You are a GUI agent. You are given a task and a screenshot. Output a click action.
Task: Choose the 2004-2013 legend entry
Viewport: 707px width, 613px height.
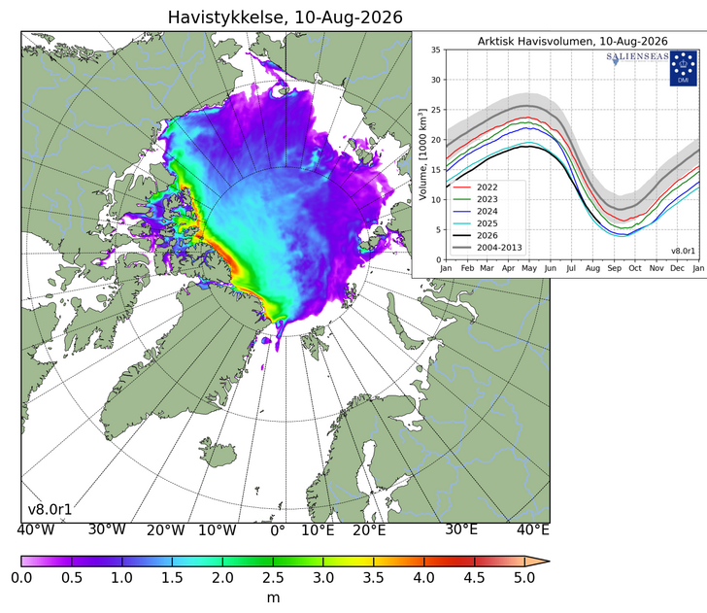click(487, 248)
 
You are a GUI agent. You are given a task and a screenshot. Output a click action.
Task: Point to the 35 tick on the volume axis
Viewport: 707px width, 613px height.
click(435, 50)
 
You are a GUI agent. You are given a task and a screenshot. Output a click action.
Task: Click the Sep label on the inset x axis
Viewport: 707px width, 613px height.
click(614, 268)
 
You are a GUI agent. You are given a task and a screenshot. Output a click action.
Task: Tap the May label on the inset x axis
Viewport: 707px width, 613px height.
click(529, 268)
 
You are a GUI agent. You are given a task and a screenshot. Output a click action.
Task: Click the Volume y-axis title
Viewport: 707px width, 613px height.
click(422, 154)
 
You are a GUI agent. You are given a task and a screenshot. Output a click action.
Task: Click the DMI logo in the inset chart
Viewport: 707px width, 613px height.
click(683, 68)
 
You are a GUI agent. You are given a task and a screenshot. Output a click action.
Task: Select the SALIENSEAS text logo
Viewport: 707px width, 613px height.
click(637, 57)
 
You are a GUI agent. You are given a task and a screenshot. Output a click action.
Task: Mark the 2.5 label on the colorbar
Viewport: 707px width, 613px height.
click(273, 578)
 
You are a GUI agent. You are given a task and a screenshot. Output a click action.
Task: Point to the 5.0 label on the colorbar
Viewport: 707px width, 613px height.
click(524, 578)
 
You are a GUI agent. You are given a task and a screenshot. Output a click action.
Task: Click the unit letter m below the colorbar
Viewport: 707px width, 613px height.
click(273, 597)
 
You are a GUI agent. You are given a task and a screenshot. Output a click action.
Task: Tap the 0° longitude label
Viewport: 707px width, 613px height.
click(278, 530)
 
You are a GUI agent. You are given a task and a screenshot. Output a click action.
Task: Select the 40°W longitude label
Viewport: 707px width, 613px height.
click(36, 529)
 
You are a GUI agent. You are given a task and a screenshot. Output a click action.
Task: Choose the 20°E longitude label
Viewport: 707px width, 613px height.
click(369, 530)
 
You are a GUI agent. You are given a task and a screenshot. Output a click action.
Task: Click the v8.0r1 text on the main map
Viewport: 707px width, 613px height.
click(50, 509)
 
